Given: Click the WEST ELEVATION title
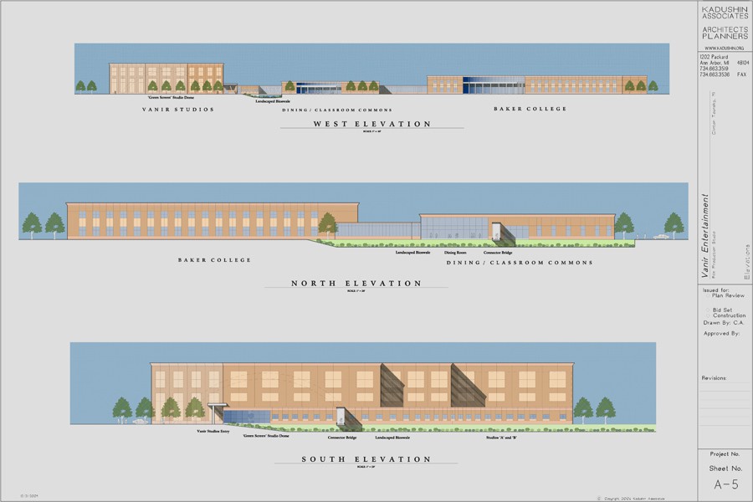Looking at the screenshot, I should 371,124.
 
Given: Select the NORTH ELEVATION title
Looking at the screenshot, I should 356,284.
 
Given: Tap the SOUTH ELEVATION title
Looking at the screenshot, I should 367,459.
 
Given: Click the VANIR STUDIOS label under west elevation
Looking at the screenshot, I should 178,110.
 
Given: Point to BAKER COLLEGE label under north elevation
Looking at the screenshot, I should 214,260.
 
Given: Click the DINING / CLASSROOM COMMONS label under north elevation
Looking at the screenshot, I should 519,263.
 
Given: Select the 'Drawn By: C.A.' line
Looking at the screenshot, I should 722,320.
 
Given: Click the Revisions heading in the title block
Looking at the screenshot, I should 716,378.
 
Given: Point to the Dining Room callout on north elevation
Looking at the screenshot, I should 455,252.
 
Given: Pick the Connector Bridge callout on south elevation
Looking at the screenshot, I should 339,438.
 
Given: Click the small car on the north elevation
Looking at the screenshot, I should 662,237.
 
